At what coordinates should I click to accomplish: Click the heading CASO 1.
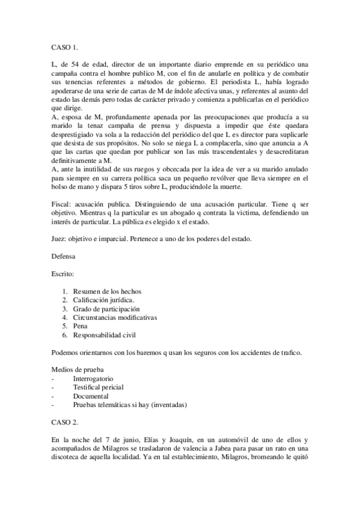pyautogui.click(x=65, y=45)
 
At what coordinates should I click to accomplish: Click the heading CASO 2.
pyautogui.click(x=65, y=423)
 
